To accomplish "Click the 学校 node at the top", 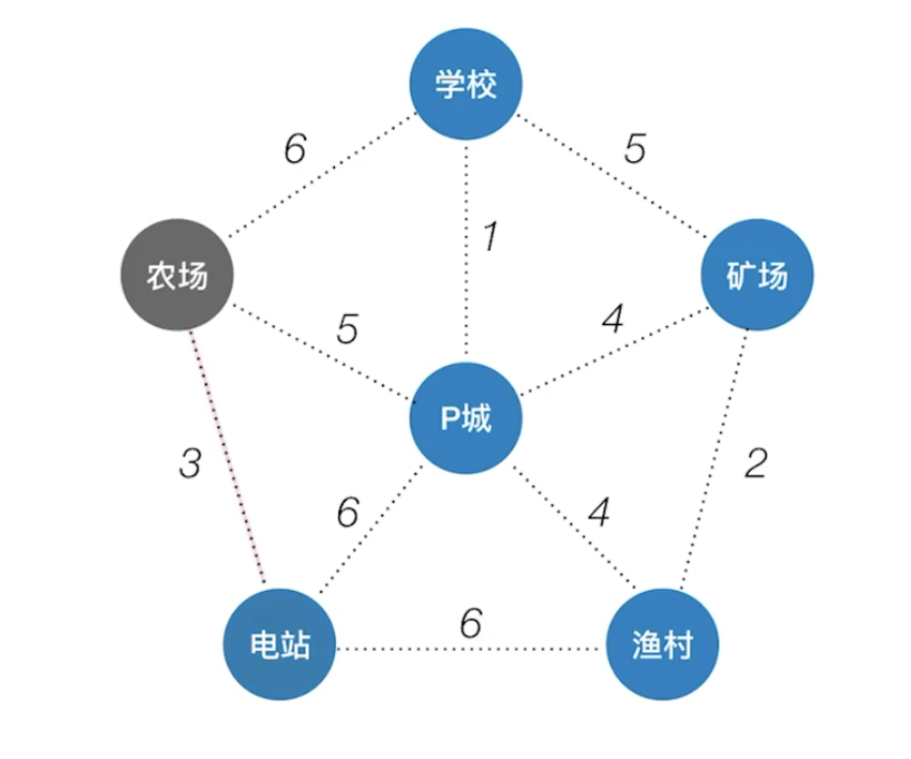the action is (466, 84).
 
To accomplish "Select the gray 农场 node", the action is (177, 275).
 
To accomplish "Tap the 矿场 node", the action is (757, 275).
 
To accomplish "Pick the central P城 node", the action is (466, 418).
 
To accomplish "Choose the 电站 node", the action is (280, 644).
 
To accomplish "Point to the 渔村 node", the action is (662, 644).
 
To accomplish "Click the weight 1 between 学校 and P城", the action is (491, 236).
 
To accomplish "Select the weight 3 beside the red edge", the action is (190, 464).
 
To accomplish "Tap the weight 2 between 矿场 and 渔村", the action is (756, 464).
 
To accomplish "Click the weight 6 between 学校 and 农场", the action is (295, 148).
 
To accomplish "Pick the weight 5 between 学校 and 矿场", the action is (635, 148).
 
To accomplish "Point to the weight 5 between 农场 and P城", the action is (348, 329).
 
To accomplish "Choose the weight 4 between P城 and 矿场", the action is (614, 318).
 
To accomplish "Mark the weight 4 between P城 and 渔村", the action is (599, 512).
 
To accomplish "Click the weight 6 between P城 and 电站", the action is (348, 512).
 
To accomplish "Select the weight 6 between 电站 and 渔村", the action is (471, 623).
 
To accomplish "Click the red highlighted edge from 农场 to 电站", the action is (227, 457).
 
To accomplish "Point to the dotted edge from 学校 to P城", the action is (466, 251).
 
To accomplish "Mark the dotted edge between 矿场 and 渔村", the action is (714, 460).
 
